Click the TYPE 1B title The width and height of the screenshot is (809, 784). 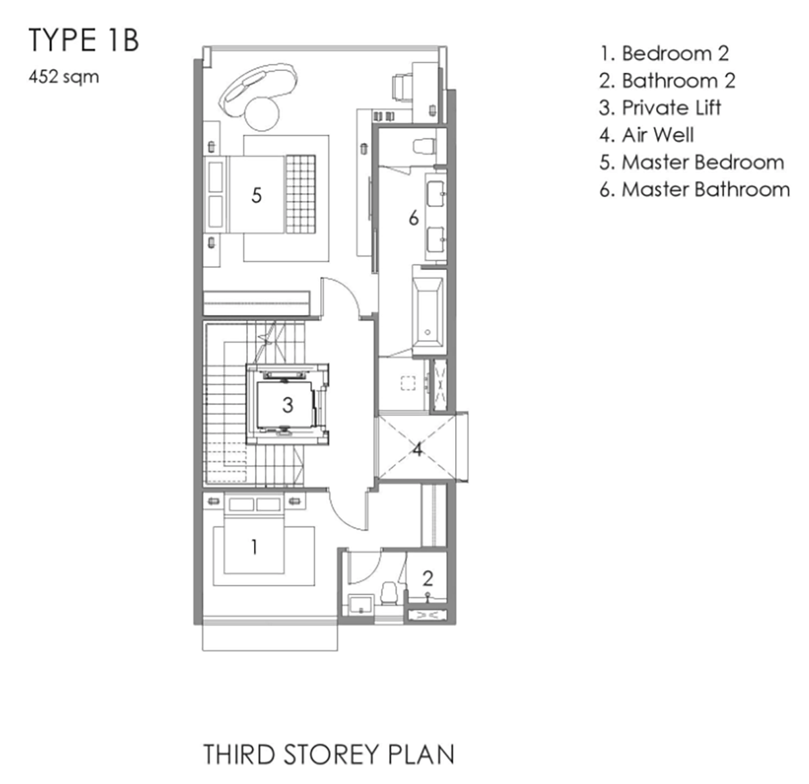click(84, 40)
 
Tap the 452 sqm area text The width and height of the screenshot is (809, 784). click(63, 78)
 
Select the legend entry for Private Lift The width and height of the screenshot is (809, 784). click(660, 108)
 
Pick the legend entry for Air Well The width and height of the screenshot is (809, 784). click(647, 135)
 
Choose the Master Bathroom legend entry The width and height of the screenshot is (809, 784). click(694, 190)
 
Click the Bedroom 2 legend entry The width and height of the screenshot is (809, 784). click(664, 53)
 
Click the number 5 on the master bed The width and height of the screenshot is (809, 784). click(256, 195)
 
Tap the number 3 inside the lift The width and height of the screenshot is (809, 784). click(288, 405)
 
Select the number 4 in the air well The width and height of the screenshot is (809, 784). click(418, 449)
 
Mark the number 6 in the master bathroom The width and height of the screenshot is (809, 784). click(413, 218)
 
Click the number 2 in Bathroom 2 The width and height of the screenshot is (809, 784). click(428, 578)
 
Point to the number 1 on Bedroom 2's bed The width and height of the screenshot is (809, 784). click(254, 547)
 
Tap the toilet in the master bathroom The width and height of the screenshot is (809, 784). click(424, 146)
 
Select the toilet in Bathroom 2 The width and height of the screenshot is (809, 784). click(390, 594)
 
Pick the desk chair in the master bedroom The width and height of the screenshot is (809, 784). click(402, 88)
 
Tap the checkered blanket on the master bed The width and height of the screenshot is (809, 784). click(300, 194)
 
